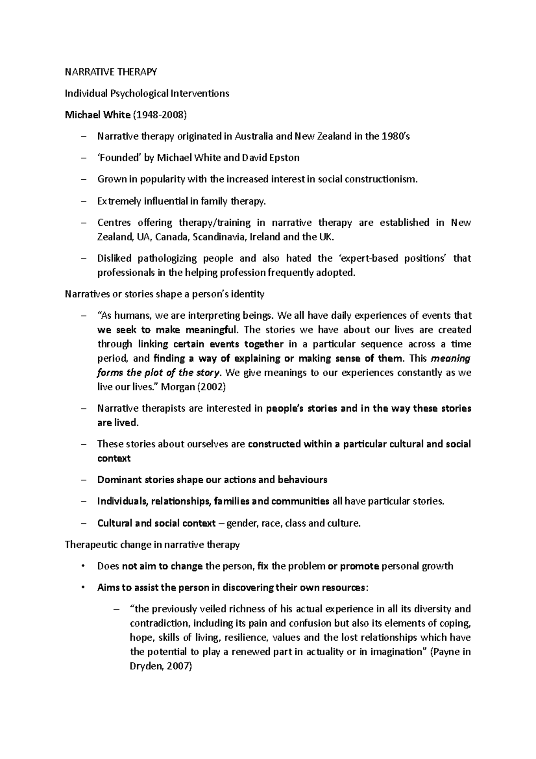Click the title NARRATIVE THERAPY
tap(111, 72)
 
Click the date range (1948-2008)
tap(159, 115)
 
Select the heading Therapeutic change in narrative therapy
tap(152, 544)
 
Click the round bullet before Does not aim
tap(83, 566)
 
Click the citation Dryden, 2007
tap(160, 666)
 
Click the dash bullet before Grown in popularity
tap(83, 179)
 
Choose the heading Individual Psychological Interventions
tap(147, 93)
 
